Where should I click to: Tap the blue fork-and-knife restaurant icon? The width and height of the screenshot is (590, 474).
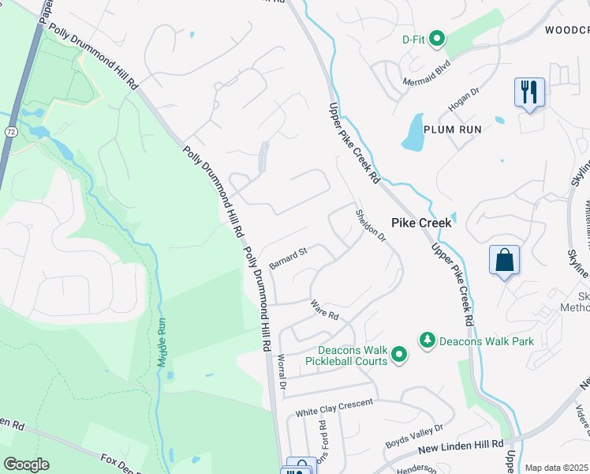click(x=528, y=92)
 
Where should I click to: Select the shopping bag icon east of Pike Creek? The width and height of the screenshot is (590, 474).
click(x=504, y=261)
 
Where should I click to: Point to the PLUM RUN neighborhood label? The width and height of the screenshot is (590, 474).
click(x=454, y=129)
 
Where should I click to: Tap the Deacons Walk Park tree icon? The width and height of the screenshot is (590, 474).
click(x=427, y=340)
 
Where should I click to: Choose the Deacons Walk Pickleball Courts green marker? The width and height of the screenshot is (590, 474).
click(x=399, y=355)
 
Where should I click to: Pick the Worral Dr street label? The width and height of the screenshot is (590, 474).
click(x=282, y=371)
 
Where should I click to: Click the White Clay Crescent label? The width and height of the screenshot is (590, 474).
click(x=334, y=408)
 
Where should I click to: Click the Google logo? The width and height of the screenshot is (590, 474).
click(x=26, y=465)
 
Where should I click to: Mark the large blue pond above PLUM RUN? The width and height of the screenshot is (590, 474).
click(x=413, y=132)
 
